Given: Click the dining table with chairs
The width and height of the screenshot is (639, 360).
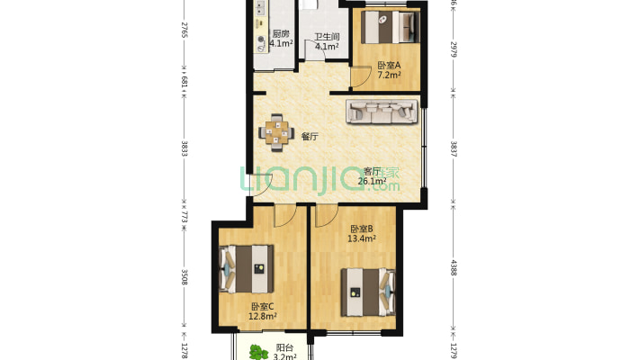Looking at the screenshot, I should coord(276,131).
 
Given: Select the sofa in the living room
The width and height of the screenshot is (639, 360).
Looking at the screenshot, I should coord(381,112).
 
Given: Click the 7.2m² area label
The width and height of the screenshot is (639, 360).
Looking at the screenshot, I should coord(389,76).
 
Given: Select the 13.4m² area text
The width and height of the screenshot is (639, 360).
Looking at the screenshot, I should coord(362,239).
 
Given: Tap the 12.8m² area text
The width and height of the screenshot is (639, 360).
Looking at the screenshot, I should coord(263,316).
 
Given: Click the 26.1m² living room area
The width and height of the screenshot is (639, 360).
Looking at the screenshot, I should coord(371,181).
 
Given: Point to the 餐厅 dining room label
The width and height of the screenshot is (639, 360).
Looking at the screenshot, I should coord(310,137).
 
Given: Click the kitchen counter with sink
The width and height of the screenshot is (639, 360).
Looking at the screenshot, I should coord(260,36).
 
